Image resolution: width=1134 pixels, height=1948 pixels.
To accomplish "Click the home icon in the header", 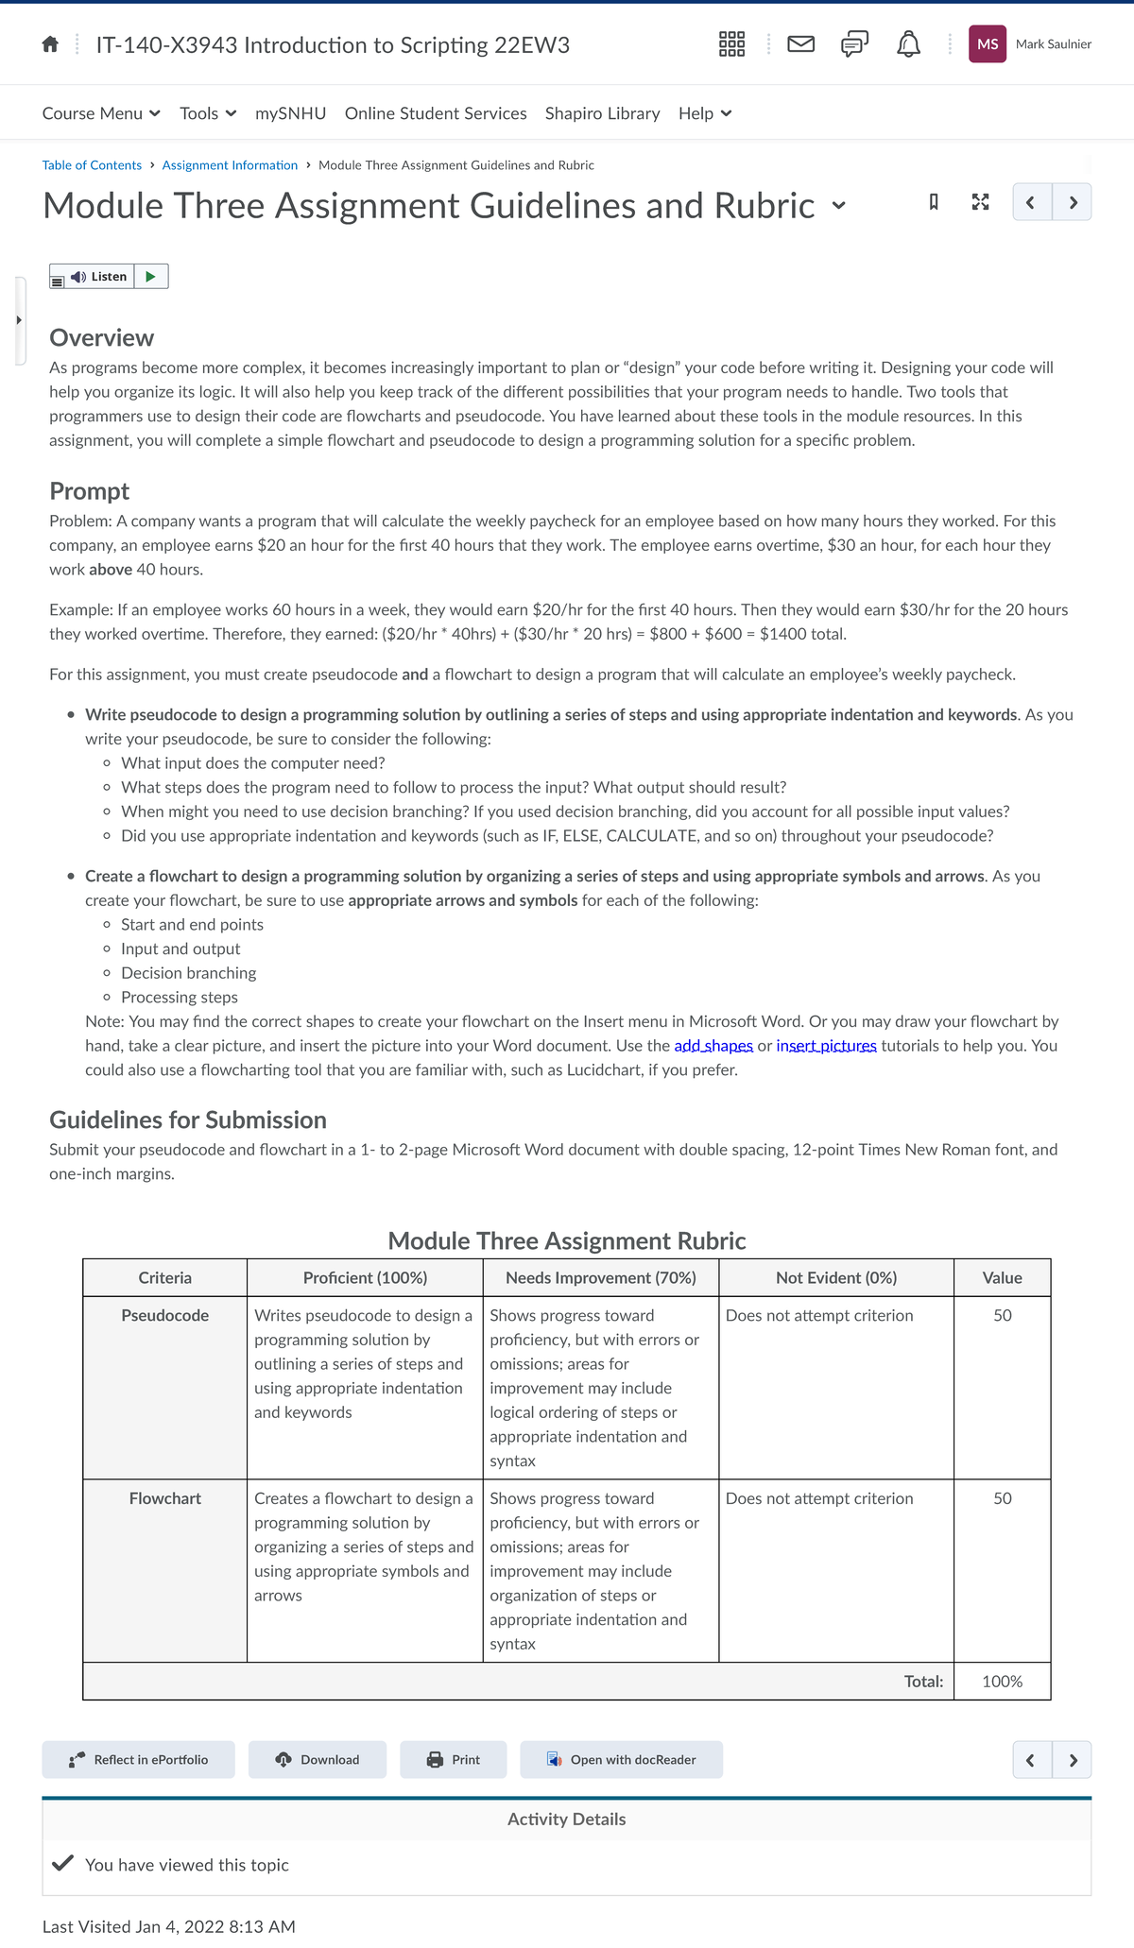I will click(51, 44).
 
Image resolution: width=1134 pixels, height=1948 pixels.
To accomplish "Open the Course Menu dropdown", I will click(101, 113).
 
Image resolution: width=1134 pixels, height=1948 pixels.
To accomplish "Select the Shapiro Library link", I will click(602, 113).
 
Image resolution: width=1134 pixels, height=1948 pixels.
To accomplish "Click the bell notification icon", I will click(908, 44).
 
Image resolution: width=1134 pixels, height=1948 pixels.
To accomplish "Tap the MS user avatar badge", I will click(987, 44).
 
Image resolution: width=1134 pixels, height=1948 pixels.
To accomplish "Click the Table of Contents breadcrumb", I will click(92, 165).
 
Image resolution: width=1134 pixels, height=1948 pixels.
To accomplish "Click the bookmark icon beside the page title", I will click(934, 202).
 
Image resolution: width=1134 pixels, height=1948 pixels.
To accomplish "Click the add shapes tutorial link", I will click(713, 1046).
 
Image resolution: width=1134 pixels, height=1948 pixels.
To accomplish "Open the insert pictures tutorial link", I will click(826, 1046).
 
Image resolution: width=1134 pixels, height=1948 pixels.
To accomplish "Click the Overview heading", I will click(101, 338).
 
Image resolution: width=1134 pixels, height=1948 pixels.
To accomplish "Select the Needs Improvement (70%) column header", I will click(600, 1278).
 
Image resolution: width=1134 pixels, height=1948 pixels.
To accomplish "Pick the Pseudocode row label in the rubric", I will click(165, 1316).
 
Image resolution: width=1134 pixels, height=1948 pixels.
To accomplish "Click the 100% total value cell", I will click(1002, 1682).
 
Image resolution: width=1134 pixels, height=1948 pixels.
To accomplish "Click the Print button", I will click(454, 1760).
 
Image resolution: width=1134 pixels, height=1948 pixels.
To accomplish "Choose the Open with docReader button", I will click(621, 1760).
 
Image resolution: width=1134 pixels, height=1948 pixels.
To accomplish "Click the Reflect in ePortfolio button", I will click(138, 1760).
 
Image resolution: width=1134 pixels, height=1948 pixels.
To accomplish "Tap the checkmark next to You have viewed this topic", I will click(62, 1864).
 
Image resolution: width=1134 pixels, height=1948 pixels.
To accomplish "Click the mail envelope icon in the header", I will click(801, 44).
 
